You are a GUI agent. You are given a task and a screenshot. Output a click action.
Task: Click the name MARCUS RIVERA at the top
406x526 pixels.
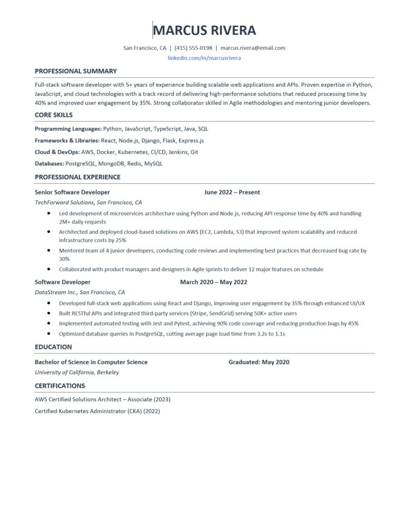[205, 30]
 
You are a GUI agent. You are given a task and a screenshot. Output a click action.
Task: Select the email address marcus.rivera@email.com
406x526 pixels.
[253, 48]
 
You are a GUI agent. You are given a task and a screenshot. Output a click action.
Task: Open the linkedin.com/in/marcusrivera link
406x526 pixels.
[204, 58]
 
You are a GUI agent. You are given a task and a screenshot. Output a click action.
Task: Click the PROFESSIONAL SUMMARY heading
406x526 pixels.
[76, 71]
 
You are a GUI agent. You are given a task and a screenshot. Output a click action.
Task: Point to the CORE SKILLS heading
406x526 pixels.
[54, 115]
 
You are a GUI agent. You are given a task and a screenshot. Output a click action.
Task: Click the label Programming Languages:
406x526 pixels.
[68, 129]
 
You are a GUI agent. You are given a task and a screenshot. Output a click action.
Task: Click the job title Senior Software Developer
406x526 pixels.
[72, 192]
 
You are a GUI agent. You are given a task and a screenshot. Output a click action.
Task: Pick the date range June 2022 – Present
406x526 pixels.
[232, 192]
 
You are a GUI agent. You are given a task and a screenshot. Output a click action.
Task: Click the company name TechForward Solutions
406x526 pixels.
[64, 202]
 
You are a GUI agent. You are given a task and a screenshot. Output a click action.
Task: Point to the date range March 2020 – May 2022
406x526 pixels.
[214, 282]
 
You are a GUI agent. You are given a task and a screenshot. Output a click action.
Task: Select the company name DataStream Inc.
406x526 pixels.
[53, 292]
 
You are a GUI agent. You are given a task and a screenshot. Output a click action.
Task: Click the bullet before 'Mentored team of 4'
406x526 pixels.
[48, 251]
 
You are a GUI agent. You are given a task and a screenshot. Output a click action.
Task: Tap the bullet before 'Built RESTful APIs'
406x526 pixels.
[48, 313]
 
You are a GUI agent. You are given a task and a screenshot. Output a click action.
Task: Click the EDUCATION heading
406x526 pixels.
[53, 347]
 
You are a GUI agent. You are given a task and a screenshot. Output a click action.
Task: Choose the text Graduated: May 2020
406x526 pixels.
[259, 362]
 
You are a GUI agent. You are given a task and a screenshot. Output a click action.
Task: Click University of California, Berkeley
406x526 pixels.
[77, 372]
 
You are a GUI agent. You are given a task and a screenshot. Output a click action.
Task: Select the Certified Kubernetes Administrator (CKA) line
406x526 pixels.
[97, 411]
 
